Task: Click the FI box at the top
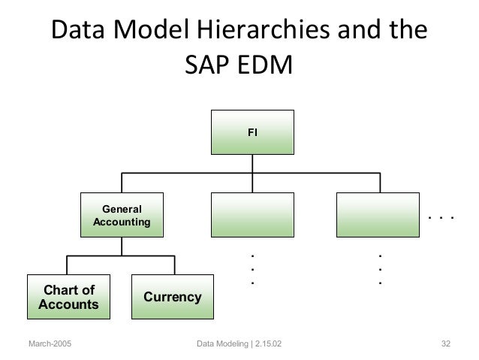tap(252, 132)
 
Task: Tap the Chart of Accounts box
tap(68, 297)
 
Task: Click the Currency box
tap(172, 297)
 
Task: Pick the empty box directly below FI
tap(252, 214)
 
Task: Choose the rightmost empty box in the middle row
tap(378, 214)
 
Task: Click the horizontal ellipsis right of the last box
tap(441, 219)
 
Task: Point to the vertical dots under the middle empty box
tap(252, 268)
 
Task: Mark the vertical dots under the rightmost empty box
tap(380, 268)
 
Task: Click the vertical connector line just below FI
tap(252, 162)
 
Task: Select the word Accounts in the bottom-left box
tap(68, 304)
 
